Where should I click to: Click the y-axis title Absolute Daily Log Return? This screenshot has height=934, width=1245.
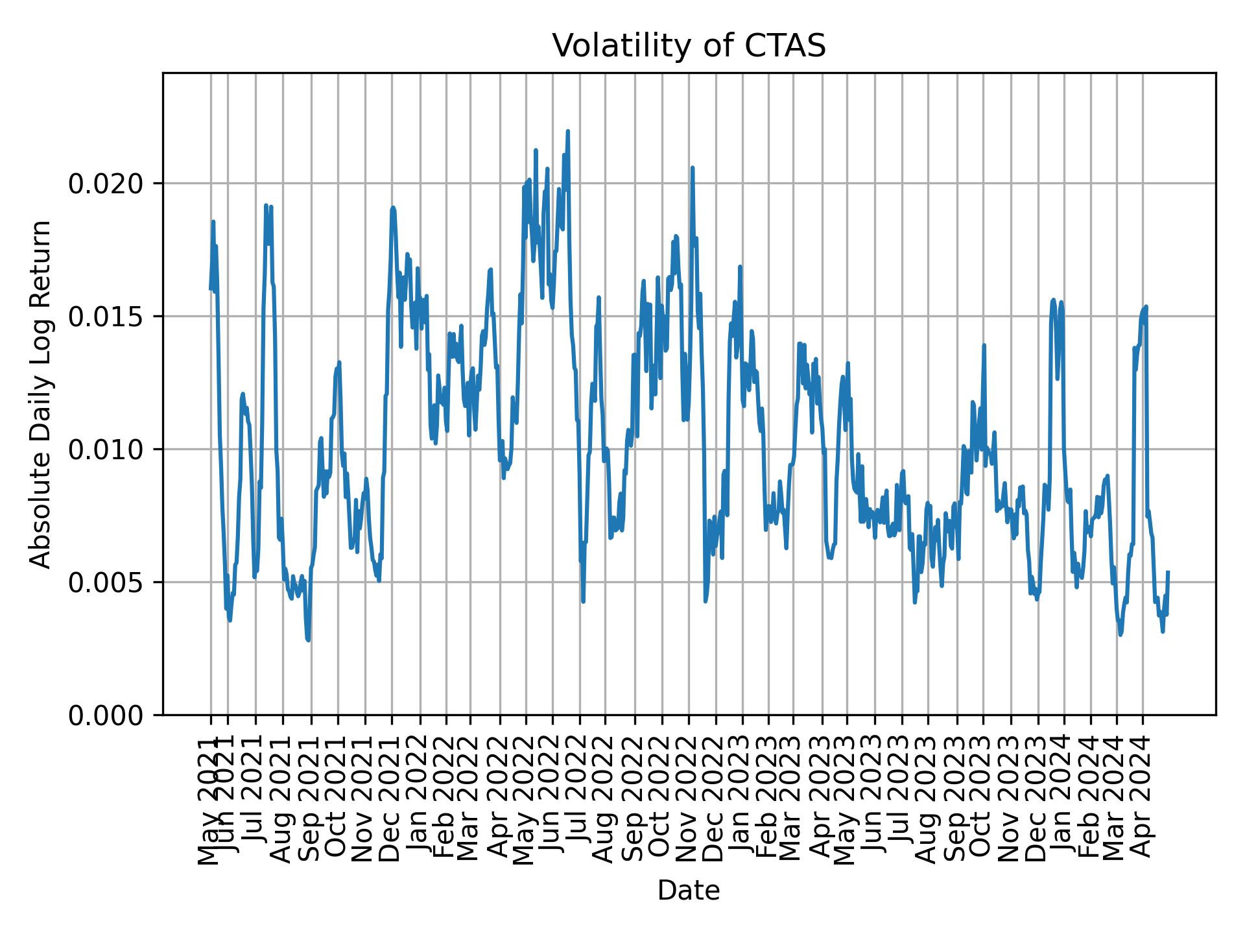pos(41,394)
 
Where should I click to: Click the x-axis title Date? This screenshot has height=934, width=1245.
pos(689,891)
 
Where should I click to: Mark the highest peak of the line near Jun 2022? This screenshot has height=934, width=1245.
pos(567,131)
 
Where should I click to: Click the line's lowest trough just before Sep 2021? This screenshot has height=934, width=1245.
pos(308,640)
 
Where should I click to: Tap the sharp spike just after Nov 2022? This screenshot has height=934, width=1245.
pos(693,168)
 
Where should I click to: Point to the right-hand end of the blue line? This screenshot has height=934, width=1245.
pos(1168,572)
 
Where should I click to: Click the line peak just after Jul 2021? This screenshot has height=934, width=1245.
pos(266,206)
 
